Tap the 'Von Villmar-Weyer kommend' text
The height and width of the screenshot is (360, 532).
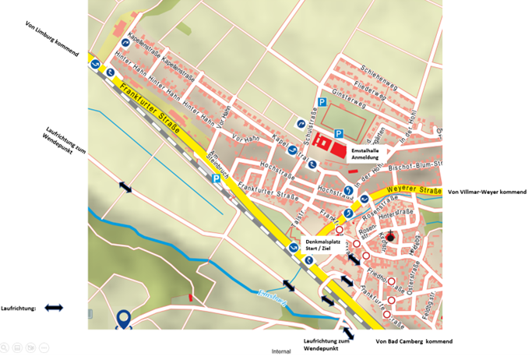pyautogui.click(x=487, y=192)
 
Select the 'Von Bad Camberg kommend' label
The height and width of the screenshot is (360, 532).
pyautogui.click(x=414, y=341)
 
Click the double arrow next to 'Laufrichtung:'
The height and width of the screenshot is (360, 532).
pyautogui.click(x=54, y=309)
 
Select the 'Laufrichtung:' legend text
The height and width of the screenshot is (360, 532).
pyautogui.click(x=20, y=309)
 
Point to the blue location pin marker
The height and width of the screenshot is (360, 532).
pyautogui.click(x=123, y=319)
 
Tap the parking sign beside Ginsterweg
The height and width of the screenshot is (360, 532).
pyautogui.click(x=322, y=103)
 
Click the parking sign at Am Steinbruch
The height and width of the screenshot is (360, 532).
pyautogui.click(x=216, y=178)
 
